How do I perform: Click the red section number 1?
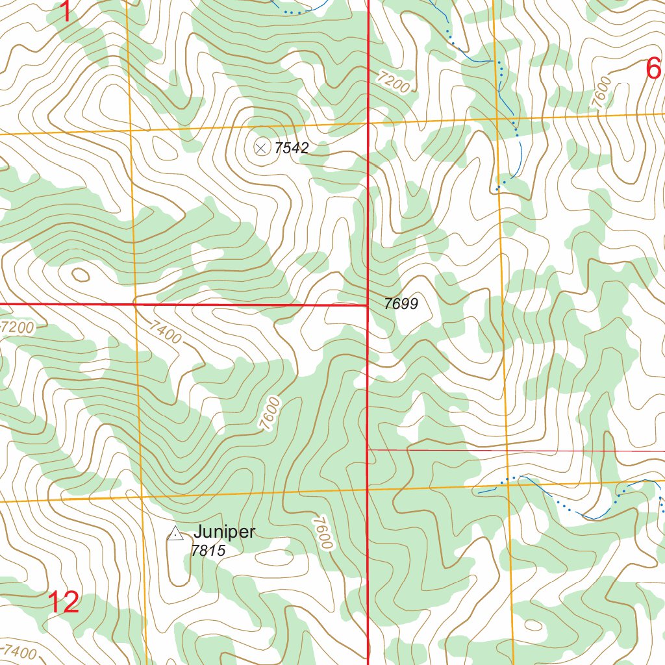66,12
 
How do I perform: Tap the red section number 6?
653,69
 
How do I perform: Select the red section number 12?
64,603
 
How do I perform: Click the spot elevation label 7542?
291,148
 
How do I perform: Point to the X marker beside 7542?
261,148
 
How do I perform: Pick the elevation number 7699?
401,303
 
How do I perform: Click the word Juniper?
225,533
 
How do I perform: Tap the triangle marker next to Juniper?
175,534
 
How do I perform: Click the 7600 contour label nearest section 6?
601,92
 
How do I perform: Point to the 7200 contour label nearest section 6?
394,83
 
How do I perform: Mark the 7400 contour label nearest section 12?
21,651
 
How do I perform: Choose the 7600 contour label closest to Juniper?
322,533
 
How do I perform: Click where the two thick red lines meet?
368,305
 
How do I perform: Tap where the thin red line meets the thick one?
368,449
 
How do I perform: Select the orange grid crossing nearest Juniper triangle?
142,497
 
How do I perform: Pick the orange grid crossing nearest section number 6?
497,120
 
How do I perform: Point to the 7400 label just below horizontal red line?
164,333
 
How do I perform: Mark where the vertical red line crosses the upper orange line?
368,124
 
